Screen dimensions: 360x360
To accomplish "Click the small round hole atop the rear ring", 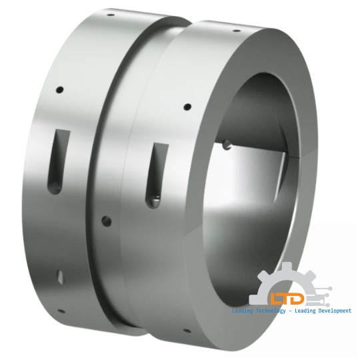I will tap(60, 89).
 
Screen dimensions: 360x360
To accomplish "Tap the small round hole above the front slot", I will tap(187, 106).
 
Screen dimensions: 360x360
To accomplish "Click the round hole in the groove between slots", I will tap(104, 219).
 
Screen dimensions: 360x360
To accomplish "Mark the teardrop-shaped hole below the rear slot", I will tap(59, 275).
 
